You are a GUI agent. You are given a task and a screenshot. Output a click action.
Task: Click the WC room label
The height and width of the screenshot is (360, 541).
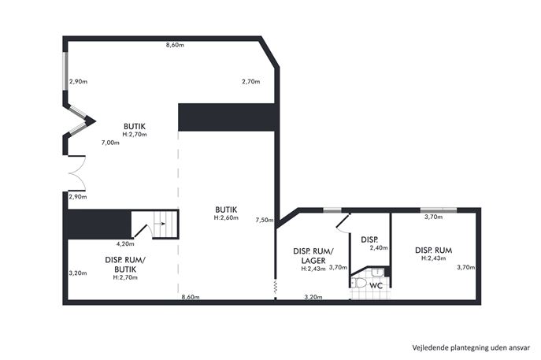(x=376, y=286)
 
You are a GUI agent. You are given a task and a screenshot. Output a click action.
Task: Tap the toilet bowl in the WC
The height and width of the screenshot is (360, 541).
(x=360, y=283)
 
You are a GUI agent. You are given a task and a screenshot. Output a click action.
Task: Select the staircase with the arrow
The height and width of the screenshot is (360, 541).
(x=165, y=224)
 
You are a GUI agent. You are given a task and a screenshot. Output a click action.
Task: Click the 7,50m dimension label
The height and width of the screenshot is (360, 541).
(x=265, y=220)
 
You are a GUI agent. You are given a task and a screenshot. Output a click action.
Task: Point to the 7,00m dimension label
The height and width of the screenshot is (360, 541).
(x=110, y=143)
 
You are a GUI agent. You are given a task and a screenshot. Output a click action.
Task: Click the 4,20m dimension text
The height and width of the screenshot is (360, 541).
(x=125, y=243)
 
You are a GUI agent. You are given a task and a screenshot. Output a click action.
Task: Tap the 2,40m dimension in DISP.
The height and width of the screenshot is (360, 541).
(x=379, y=247)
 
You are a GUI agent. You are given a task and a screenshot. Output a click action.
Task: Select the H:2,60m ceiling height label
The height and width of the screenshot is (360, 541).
(x=226, y=217)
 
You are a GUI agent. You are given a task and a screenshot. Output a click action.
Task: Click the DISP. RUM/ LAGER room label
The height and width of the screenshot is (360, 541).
(x=313, y=256)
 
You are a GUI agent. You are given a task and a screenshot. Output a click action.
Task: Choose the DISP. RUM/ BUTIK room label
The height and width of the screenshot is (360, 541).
(x=125, y=265)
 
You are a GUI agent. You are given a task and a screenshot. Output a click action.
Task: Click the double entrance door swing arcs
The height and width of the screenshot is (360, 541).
(x=77, y=173)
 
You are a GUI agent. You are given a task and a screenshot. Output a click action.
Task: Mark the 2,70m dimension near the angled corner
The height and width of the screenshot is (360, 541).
(x=251, y=81)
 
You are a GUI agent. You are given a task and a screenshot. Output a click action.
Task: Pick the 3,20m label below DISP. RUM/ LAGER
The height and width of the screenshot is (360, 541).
(x=313, y=297)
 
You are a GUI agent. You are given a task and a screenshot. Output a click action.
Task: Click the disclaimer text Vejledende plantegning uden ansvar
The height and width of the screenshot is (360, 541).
(x=471, y=347)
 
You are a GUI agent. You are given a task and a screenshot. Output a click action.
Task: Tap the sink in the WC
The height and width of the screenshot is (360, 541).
(x=377, y=272)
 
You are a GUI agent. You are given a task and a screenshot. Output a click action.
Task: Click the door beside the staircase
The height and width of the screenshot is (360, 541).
(x=143, y=231)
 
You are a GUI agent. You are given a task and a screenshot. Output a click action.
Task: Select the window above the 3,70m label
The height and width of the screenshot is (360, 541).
(x=439, y=210)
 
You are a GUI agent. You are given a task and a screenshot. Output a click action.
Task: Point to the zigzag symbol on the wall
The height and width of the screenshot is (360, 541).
(x=276, y=287)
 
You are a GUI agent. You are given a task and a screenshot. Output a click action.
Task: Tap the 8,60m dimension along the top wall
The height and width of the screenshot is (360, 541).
(x=175, y=45)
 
